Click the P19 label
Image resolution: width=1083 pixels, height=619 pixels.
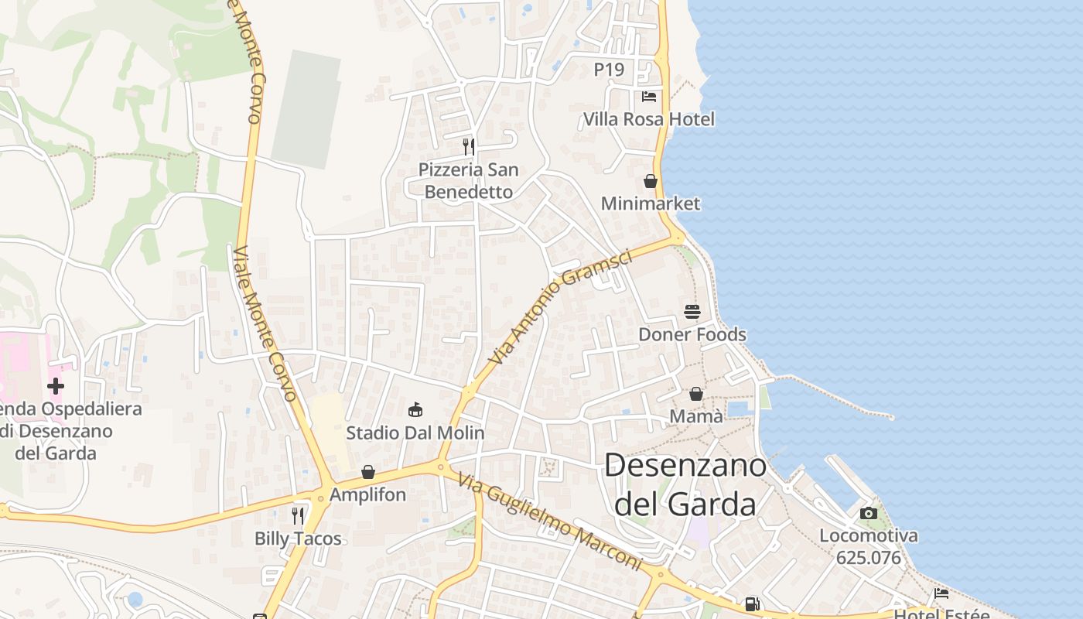[609, 70]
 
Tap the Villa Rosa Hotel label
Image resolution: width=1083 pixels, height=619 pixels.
[648, 120]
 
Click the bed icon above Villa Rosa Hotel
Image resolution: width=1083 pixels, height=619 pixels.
[649, 97]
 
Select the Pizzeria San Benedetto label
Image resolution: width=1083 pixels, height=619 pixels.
[468, 180]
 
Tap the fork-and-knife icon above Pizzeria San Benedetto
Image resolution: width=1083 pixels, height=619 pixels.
[468, 146]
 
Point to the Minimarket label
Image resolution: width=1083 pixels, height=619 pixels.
[651, 203]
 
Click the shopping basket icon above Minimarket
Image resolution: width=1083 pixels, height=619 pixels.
[651, 181]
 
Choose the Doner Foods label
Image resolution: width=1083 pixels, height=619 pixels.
[692, 334]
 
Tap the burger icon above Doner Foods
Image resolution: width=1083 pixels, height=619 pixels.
[692, 312]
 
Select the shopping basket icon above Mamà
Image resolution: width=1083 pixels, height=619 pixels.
[696, 394]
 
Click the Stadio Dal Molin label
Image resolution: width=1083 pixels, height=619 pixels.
[415, 433]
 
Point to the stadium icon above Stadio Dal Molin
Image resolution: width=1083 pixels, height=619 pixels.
[415, 409]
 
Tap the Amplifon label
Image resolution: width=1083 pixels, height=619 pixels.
[367, 494]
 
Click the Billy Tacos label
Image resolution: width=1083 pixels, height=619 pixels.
[298, 539]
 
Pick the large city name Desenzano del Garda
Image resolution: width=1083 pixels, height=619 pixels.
[685, 484]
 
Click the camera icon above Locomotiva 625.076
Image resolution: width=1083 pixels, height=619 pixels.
[869, 513]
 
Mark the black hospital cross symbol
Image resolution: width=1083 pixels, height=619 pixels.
[56, 386]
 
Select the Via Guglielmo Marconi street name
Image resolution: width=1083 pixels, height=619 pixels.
[549, 522]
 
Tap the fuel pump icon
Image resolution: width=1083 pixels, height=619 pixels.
[752, 604]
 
